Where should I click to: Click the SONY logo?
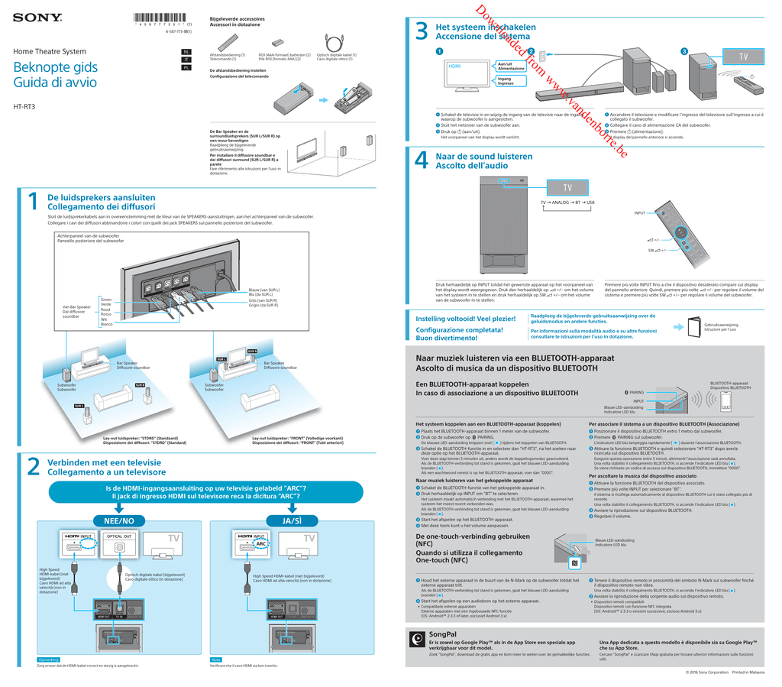[x=37, y=17]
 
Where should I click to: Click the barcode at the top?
[x=162, y=18]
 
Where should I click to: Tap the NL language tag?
[x=186, y=52]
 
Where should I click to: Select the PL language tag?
[x=186, y=67]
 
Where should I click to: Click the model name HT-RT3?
[x=25, y=106]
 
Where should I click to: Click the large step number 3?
[x=421, y=31]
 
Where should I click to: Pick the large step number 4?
[x=421, y=160]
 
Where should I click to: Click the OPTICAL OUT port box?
[x=119, y=537]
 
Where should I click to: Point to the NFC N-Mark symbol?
[x=574, y=564]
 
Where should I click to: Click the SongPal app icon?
[x=417, y=639]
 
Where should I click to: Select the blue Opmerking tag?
[x=48, y=659]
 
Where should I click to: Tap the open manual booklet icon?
[x=693, y=327]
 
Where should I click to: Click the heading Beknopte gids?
[x=55, y=68]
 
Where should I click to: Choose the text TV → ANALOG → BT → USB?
[x=567, y=202]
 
